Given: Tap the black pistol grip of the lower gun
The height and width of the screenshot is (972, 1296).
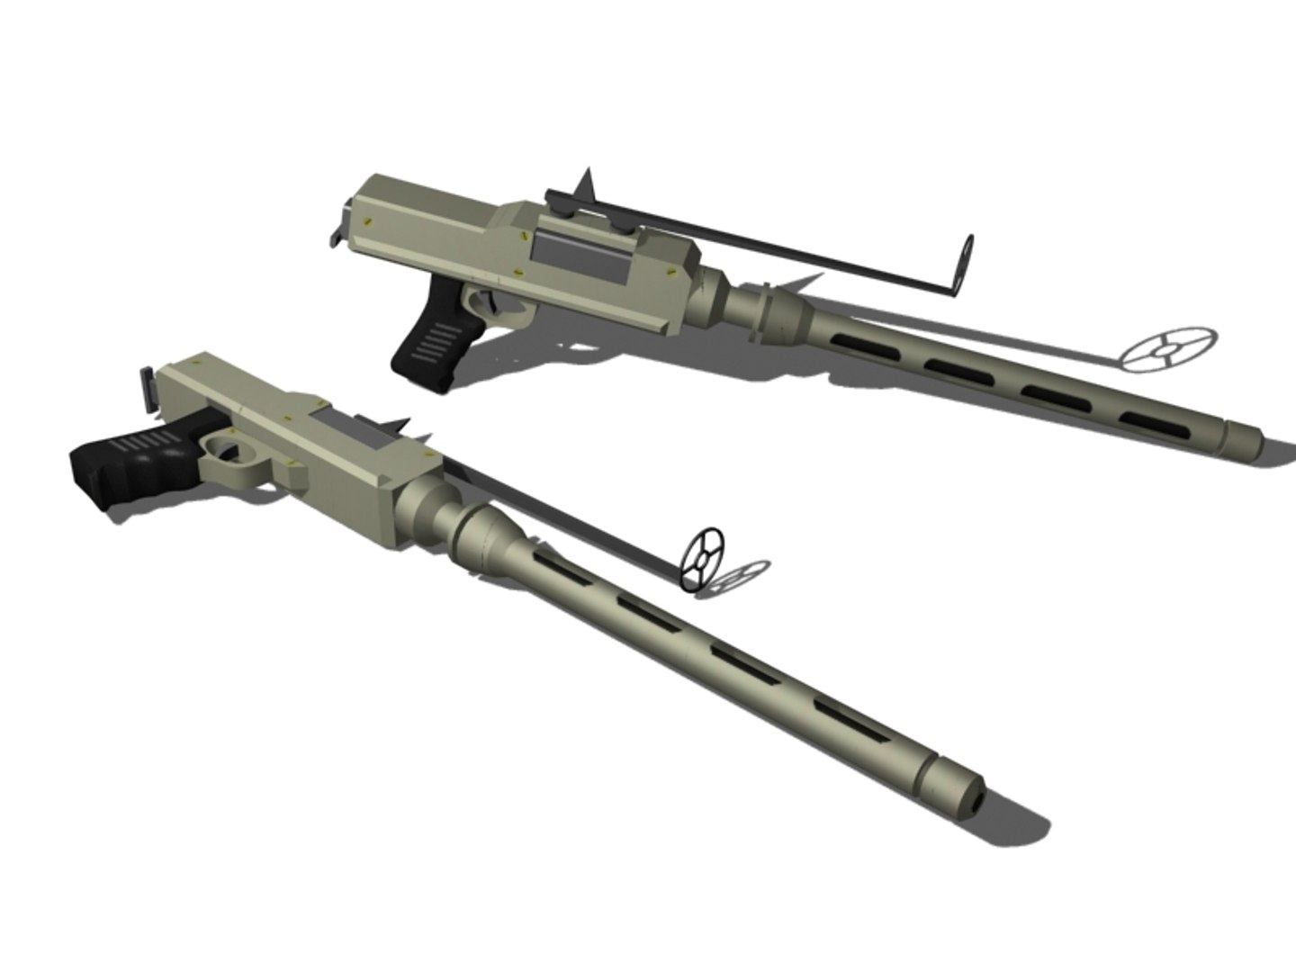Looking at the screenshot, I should tap(126, 463).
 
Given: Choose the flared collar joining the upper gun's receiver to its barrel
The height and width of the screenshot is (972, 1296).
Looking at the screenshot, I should tap(765, 310).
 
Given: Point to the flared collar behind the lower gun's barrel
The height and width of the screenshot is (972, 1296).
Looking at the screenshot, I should tap(486, 536).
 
